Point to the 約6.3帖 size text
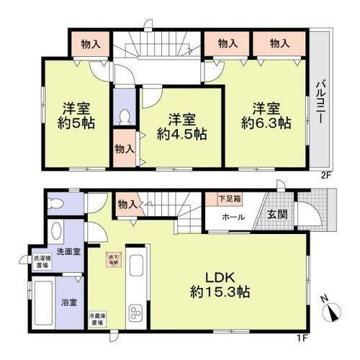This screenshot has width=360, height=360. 271,123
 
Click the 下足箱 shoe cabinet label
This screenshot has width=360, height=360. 229,197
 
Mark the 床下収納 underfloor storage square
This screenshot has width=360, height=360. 113,261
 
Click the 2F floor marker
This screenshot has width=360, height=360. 325,174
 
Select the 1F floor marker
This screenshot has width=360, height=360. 326,336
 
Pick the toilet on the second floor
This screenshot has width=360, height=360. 124,117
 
